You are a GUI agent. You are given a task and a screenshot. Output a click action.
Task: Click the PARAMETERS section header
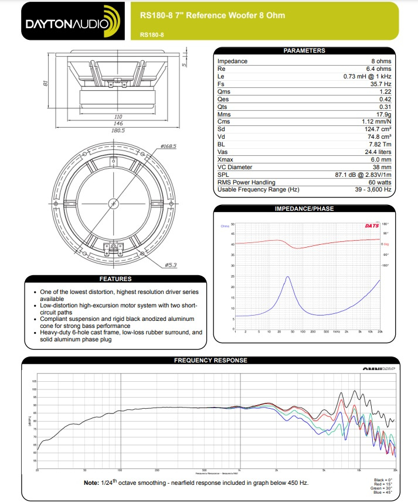click(x=304, y=51)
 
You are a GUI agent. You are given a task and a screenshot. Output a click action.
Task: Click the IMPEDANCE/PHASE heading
click(x=304, y=208)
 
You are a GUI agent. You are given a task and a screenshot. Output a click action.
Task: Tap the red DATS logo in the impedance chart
click(x=371, y=225)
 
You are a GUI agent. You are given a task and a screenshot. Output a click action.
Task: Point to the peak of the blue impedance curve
click(x=288, y=277)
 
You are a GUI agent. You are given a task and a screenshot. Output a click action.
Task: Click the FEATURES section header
click(x=115, y=279)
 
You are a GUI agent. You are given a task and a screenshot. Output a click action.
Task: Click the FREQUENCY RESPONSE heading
click(x=210, y=361)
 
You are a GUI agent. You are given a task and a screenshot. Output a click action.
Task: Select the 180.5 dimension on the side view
click(x=118, y=130)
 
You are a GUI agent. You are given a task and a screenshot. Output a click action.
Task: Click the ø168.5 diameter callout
click(x=168, y=146)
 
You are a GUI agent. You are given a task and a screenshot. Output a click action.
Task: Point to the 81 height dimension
click(x=45, y=84)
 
